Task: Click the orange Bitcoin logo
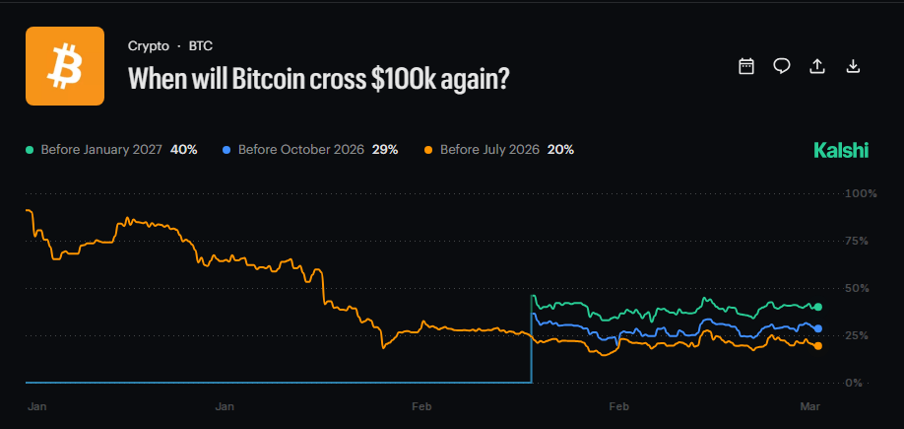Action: coord(65,66)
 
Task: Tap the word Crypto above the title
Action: coord(148,45)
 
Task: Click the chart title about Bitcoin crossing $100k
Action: coord(319,78)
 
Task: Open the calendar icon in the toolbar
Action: coord(746,66)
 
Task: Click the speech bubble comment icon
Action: coord(782,66)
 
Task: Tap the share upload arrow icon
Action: coord(816,66)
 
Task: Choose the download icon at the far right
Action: coord(854,66)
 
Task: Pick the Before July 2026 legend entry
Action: coord(488,150)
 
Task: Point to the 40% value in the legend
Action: coord(184,150)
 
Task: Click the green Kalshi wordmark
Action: coord(841,150)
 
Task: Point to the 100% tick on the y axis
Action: coord(860,193)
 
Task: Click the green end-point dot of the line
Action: coord(818,307)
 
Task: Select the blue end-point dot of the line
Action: coord(818,328)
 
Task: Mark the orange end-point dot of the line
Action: coord(818,345)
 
